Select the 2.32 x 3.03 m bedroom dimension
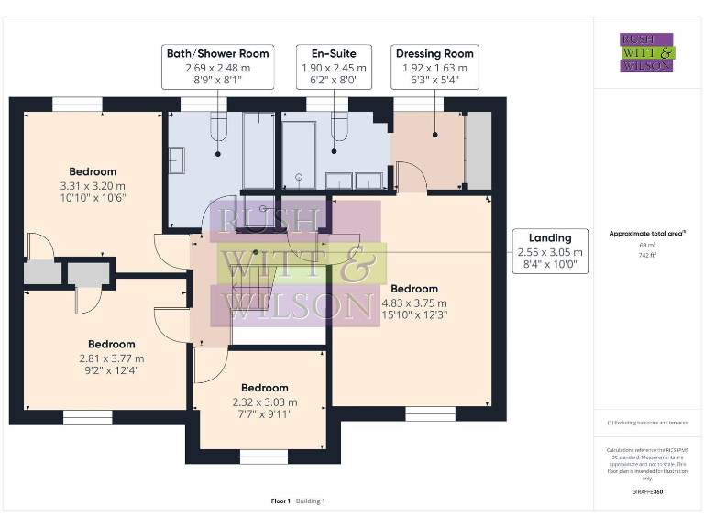tap(265, 401)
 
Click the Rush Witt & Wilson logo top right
tap(646, 52)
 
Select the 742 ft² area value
tap(646, 256)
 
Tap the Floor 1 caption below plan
tap(280, 500)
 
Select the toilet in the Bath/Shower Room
tap(217, 127)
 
